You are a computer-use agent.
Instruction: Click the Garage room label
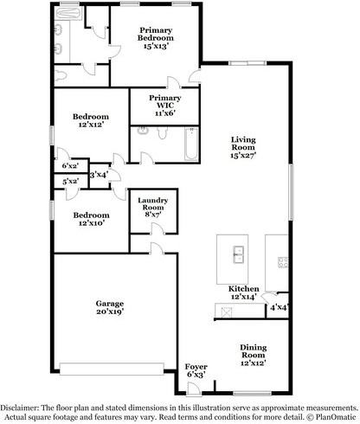(110, 304)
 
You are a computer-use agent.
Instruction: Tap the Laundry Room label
(153, 203)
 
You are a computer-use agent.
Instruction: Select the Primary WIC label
(165, 101)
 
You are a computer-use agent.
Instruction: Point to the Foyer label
(196, 367)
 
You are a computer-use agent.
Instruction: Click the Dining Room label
(254, 351)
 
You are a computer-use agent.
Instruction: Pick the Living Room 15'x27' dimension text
(243, 155)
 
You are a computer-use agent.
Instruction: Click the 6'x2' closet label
(71, 166)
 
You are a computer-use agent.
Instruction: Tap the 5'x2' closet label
(71, 182)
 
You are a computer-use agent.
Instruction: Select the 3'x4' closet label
(99, 175)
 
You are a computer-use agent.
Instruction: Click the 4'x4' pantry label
(280, 307)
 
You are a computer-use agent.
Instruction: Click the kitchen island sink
(238, 254)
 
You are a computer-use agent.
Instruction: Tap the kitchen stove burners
(283, 262)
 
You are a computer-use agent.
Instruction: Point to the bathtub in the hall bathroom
(191, 144)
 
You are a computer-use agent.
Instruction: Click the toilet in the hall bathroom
(162, 132)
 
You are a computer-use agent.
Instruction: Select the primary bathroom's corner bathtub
(68, 14)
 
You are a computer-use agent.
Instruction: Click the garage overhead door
(112, 369)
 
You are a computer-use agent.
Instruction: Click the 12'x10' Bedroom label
(91, 219)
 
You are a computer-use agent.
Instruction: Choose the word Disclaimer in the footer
(19, 408)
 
